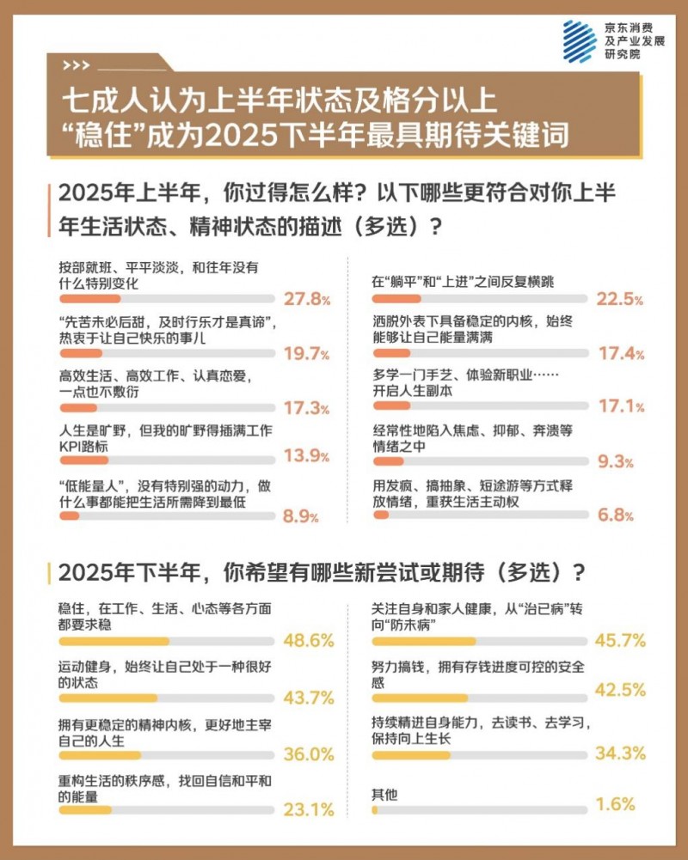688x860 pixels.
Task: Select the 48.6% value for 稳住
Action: click(x=308, y=641)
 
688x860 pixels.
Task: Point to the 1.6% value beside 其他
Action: click(x=616, y=805)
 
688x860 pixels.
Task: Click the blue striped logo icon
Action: click(x=579, y=40)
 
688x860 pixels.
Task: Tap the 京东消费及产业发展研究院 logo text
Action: click(x=635, y=40)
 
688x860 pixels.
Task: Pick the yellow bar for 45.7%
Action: click(x=425, y=641)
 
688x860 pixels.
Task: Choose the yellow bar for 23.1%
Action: click(x=85, y=809)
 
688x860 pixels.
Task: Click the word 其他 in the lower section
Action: click(x=384, y=795)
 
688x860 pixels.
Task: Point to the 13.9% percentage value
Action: click(x=308, y=456)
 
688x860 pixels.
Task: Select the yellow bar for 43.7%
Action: click(x=108, y=698)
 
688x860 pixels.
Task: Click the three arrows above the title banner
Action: click(x=76, y=65)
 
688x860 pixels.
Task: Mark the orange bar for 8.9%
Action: click(x=70, y=516)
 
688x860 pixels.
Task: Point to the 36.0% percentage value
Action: click(x=308, y=754)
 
